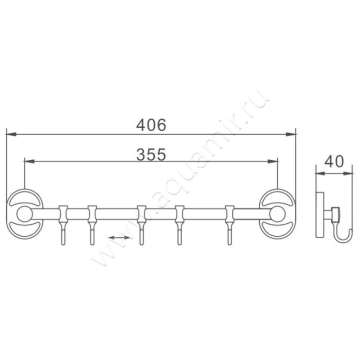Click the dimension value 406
coord(151,125)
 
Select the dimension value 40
coord(334,161)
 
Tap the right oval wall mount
coord(277,213)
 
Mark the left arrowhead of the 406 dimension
coord(10,134)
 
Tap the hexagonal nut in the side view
coord(335,213)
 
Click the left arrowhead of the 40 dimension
coord(319,172)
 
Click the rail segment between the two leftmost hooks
coord(77,213)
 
